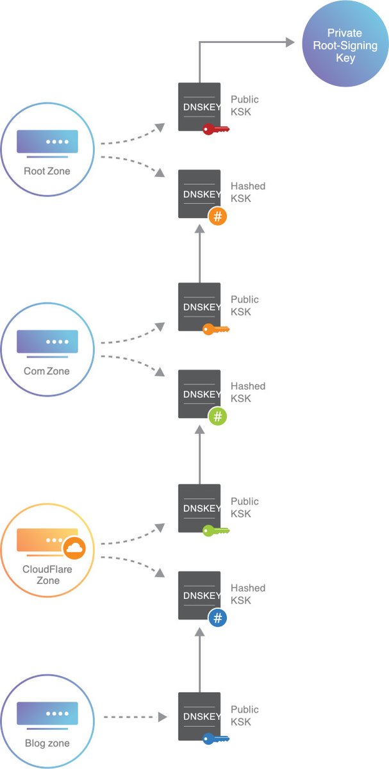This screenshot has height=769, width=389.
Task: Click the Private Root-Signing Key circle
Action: click(345, 45)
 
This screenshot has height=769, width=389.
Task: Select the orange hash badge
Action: click(218, 217)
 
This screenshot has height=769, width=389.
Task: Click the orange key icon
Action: click(215, 330)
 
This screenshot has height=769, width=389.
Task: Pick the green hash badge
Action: click(218, 417)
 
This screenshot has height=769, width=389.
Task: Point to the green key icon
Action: click(215, 531)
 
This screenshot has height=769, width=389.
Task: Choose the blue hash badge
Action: click(218, 618)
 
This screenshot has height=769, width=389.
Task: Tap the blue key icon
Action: click(215, 739)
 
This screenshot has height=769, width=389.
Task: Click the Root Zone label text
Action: click(47, 171)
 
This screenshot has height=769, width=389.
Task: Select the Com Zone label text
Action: click(47, 372)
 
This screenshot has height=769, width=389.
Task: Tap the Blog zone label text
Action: click(47, 743)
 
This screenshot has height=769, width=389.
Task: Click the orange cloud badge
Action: click(74, 548)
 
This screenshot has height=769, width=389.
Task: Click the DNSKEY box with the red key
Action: click(199, 106)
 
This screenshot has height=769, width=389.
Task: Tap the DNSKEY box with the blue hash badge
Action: click(199, 595)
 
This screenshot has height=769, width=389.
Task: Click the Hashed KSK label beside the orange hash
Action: click(248, 192)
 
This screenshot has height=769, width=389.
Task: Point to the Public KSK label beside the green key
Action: click(245, 508)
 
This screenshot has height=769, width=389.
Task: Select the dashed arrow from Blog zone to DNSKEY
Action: click(135, 716)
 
